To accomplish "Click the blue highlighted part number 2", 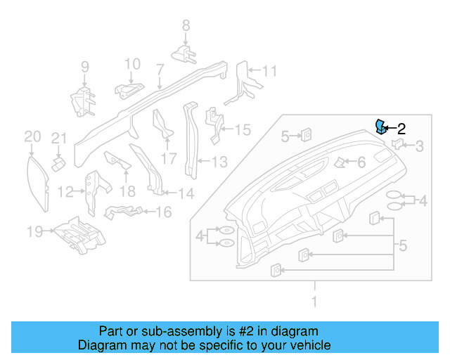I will click(380, 127).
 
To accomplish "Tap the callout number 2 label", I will click(401, 129).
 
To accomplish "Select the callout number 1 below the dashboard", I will click(314, 302).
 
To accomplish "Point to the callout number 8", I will click(186, 25).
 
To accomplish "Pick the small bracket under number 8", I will click(184, 53).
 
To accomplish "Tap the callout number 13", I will click(219, 162).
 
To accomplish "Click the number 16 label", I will click(162, 211).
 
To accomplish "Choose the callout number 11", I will click(270, 70).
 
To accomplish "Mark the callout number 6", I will click(361, 162).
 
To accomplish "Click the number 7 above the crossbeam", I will click(160, 70).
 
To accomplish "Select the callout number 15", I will click(242, 129).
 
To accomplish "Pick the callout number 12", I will click(65, 191).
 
